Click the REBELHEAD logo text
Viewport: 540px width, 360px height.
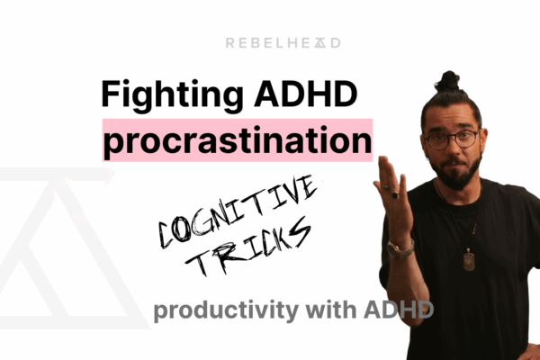pyautogui.click(x=270, y=42)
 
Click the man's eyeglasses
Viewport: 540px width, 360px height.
pyautogui.click(x=451, y=139)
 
